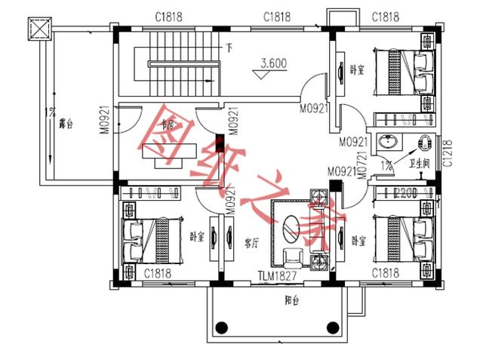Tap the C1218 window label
click(x=448, y=153)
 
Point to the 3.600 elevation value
click(x=273, y=64)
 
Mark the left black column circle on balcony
click(x=221, y=327)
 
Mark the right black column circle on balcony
click(x=331, y=327)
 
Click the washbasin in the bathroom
click(x=391, y=143)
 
